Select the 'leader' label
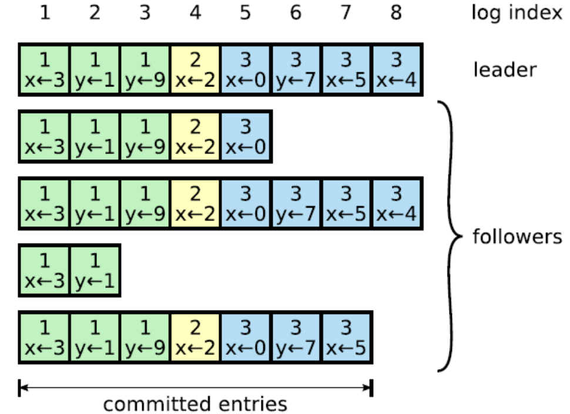pyautogui.click(x=505, y=70)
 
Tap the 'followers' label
pyautogui.click(x=517, y=237)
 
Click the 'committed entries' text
pyautogui.click(x=196, y=405)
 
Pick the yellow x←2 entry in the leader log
pyautogui.click(x=196, y=70)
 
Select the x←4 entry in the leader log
pyautogui.click(x=397, y=70)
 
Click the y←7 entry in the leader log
pyautogui.click(x=296, y=70)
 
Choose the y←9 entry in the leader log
pyautogui.click(x=145, y=70)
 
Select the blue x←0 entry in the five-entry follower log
pyautogui.click(x=246, y=137)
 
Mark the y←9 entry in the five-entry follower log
pyautogui.click(x=145, y=137)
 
